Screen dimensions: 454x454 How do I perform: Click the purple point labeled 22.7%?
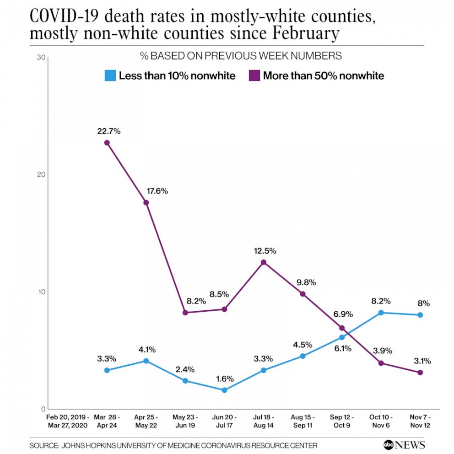107,143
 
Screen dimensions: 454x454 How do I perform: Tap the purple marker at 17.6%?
146,202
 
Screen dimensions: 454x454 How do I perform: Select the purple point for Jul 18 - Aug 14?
264,262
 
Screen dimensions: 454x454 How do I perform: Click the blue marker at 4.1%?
146,361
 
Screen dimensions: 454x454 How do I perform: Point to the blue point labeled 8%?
420,315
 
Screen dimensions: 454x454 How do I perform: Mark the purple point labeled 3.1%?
420,373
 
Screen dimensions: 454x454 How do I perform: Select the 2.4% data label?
185,369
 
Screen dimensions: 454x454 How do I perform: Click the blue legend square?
110,76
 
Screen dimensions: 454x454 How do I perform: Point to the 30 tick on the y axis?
40,58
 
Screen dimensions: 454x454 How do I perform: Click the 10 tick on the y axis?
40,292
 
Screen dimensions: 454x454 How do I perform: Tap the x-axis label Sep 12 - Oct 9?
342,421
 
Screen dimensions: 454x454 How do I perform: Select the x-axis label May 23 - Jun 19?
185,421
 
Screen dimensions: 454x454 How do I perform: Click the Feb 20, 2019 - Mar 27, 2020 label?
67,421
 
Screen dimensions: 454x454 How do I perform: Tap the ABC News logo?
404,444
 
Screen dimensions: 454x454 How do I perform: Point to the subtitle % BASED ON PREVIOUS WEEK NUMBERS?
241,56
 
